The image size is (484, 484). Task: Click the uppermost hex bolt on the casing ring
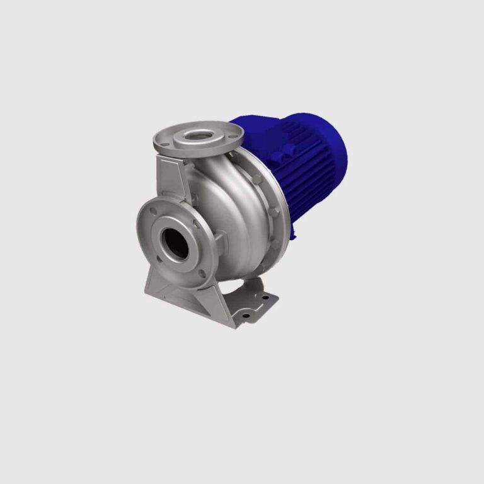pyautogui.click(x=257, y=180)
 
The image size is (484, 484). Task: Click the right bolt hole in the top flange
pyautogui.click(x=234, y=134)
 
